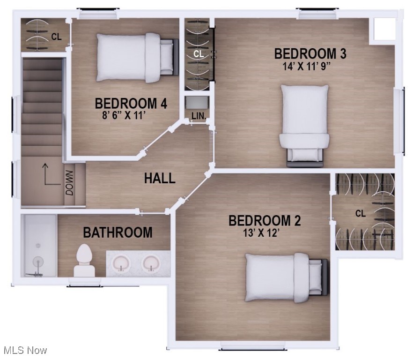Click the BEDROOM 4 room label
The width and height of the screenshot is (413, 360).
(131, 103)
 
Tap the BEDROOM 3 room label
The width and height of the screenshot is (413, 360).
(310, 53)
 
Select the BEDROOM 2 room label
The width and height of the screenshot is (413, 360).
(265, 220)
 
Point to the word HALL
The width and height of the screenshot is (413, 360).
(160, 178)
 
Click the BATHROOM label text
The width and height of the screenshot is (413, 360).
(118, 232)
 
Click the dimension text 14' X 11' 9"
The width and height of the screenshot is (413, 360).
(310, 66)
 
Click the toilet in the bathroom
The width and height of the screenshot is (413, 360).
(85, 260)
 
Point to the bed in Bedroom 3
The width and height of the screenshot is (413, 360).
(304, 124)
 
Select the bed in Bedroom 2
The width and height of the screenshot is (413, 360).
(285, 277)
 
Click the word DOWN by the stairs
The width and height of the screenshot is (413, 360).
(69, 182)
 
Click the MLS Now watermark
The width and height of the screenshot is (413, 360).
(25, 350)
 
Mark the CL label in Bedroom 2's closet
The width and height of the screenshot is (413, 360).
(360, 214)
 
